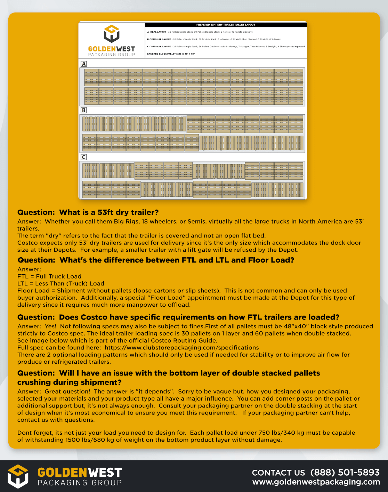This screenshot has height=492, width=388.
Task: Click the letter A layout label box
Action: tap(84, 64)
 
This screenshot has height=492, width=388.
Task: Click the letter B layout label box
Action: tap(84, 110)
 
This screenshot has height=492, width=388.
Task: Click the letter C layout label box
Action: tap(84, 157)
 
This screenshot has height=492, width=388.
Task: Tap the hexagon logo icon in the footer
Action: tap(18, 476)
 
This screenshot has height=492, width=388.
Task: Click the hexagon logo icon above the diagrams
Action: tap(112, 34)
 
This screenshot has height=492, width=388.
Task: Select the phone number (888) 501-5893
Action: tap(345, 473)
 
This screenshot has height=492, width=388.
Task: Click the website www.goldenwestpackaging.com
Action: tap(316, 482)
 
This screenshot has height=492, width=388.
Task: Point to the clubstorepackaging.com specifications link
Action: tap(181, 348)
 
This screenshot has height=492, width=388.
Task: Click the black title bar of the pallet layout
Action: tap(226, 25)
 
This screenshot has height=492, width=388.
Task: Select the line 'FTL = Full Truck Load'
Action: tap(49, 276)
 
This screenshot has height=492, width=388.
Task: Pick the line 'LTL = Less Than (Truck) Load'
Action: tap(61, 284)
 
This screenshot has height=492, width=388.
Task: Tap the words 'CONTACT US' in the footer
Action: tap(278, 473)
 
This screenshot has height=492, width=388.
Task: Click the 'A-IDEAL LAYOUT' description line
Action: tap(200, 32)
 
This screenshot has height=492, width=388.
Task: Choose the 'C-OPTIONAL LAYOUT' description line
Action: tap(226, 47)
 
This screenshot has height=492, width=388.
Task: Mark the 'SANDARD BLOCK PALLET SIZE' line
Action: tap(171, 54)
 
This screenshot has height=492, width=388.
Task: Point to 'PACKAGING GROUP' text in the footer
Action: tap(80, 483)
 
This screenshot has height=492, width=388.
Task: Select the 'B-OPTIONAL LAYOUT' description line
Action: tap(215, 39)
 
